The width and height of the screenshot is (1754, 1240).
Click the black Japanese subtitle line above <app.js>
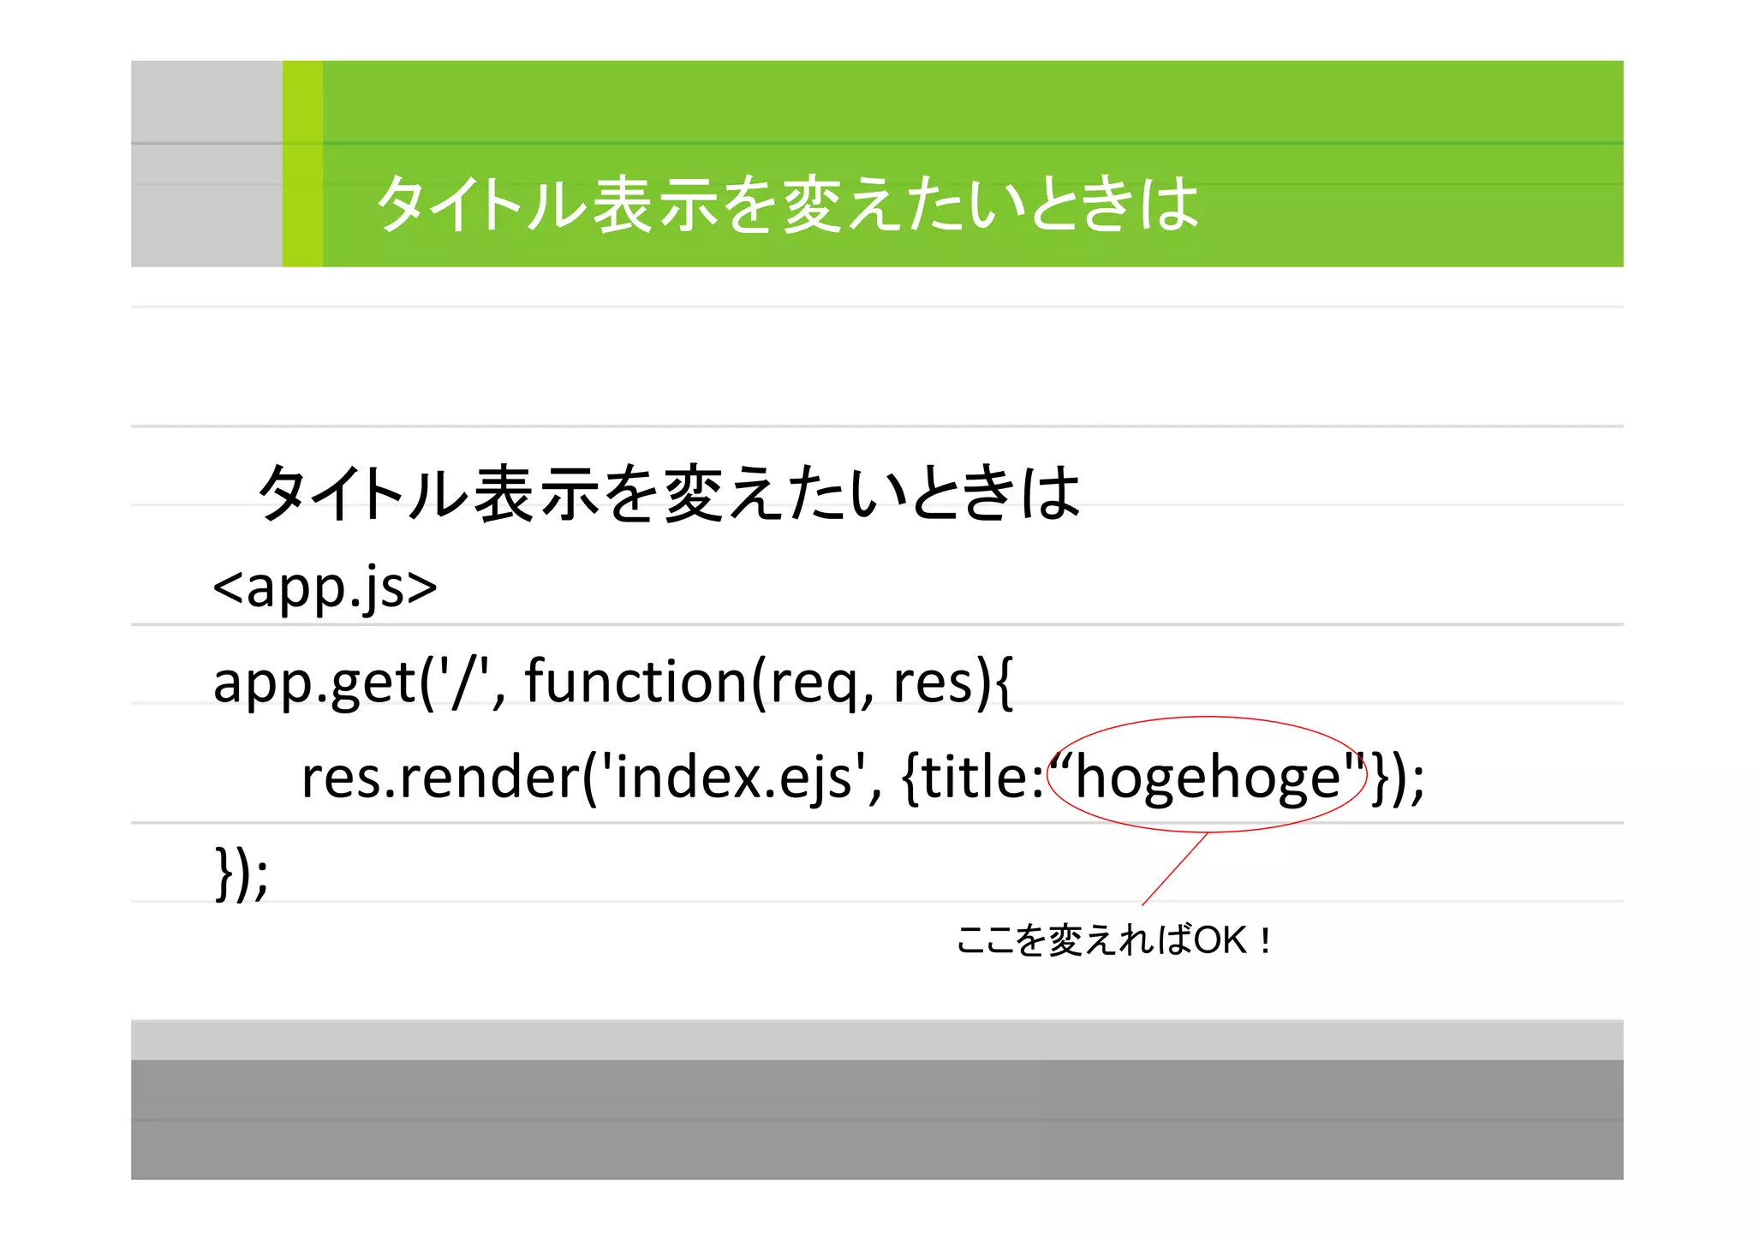pos(668,493)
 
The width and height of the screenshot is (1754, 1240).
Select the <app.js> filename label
pos(325,587)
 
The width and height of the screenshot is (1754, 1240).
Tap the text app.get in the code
pos(313,683)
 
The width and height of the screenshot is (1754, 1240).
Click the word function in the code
pos(635,682)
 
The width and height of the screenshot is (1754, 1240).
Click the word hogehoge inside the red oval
pos(1208,778)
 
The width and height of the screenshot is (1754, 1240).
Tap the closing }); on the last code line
pos(242,873)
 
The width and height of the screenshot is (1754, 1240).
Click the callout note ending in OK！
pos(1113,940)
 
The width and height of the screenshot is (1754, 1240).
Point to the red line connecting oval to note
pos(1175,868)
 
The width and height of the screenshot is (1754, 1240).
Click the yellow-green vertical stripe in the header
pos(302,164)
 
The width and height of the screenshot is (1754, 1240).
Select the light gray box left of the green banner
pos(206,164)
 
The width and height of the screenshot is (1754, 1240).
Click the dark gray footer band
pos(877,1118)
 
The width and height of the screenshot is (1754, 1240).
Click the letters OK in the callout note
pos(1220,940)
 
